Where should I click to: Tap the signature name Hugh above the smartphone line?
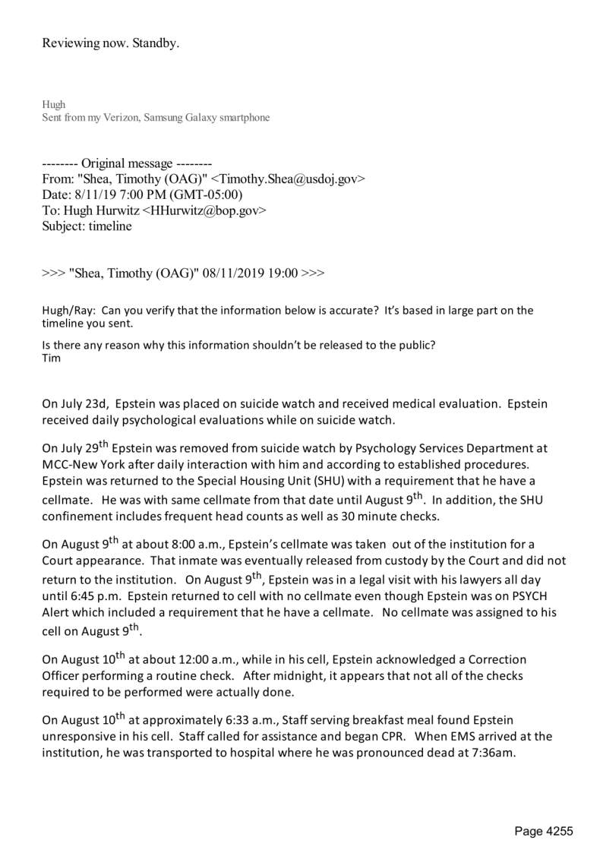coord(52,105)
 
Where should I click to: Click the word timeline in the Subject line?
coord(109,226)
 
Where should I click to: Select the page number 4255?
coord(560,831)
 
